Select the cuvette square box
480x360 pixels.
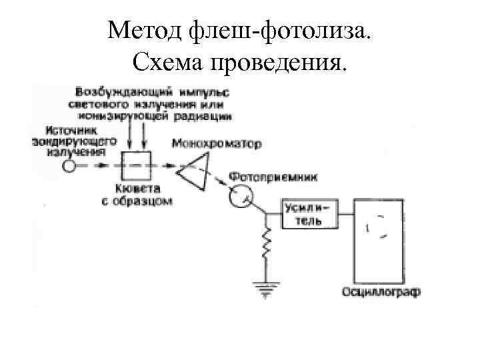(x=136, y=163)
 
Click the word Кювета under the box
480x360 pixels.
(x=137, y=188)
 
